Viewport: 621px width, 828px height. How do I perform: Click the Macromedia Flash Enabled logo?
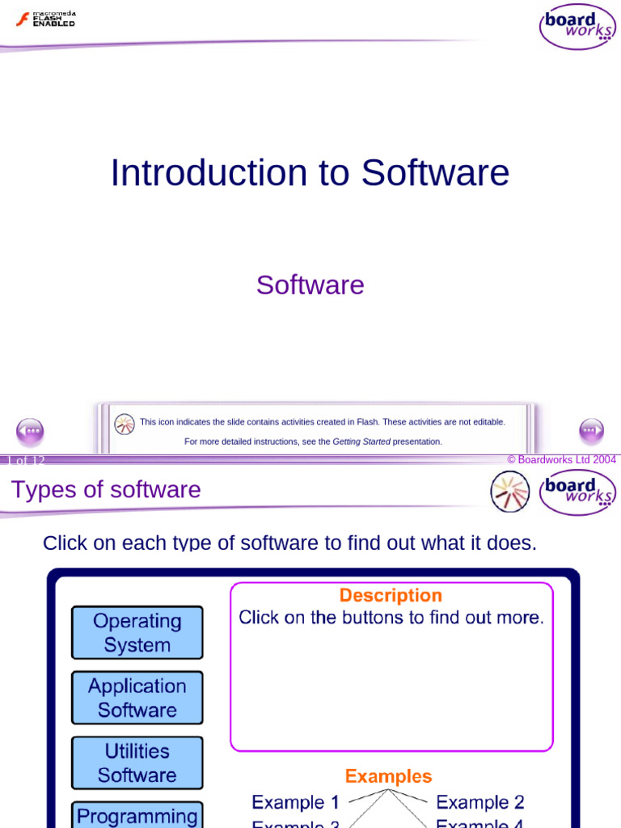pos(45,19)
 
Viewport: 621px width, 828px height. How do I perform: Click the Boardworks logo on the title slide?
pos(577,27)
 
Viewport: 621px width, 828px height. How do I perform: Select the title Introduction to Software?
pos(310,173)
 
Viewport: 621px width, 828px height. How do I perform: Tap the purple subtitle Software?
pos(310,285)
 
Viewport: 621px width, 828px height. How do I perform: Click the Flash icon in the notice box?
pos(125,424)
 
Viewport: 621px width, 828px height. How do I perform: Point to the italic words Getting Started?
pos(361,441)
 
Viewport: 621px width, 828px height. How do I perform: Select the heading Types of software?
pos(106,489)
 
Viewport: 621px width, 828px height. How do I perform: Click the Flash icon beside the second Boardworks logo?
pos(510,491)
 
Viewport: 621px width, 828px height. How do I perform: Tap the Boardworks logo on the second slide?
pos(577,492)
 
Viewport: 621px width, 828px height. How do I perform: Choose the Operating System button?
pos(137,632)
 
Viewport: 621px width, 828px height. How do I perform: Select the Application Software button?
pos(137,697)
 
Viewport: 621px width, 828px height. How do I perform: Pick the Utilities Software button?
pos(137,763)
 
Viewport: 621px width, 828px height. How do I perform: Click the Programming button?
pos(137,815)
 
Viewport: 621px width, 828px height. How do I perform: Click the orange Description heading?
pos(391,595)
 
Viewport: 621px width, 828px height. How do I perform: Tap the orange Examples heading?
pos(388,776)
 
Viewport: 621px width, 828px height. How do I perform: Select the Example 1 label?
pos(295,802)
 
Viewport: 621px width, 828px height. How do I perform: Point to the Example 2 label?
pos(480,802)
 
